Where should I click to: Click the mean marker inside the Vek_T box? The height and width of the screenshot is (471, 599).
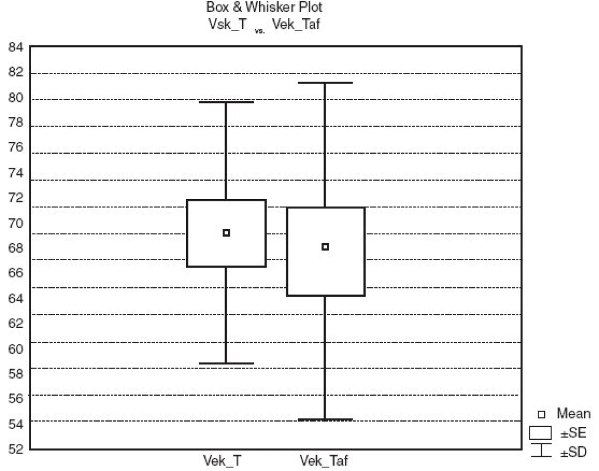coord(226,233)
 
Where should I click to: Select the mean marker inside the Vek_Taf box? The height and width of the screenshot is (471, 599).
coord(325,247)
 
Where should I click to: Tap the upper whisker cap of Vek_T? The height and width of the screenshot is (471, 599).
coord(226,102)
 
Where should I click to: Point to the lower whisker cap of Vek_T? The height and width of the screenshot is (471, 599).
coord(226,363)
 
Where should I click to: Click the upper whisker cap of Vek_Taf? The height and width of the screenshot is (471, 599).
coord(325,82)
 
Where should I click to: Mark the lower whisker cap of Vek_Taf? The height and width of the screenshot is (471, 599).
coord(325,419)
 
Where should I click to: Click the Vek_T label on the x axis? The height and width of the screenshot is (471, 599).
coord(222,460)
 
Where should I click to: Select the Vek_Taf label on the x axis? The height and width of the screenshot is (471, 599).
coord(323,460)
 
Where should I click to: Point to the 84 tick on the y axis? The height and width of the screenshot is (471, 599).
coord(16,47)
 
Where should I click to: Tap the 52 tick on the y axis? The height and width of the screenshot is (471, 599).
coord(16,449)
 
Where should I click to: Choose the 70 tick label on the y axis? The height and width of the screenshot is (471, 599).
coord(16,223)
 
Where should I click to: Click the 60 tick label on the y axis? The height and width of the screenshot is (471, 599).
coord(16,349)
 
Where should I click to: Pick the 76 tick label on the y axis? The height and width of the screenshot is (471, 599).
coord(16,147)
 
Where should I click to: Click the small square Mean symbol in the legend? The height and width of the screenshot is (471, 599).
coord(541,414)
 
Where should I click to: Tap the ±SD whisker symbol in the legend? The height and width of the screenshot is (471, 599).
coord(541,450)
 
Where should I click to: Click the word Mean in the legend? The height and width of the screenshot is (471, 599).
coord(574,413)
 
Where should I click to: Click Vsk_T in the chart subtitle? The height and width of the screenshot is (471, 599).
coord(228,24)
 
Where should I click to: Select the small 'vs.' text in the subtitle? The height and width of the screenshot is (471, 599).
coord(260,31)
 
